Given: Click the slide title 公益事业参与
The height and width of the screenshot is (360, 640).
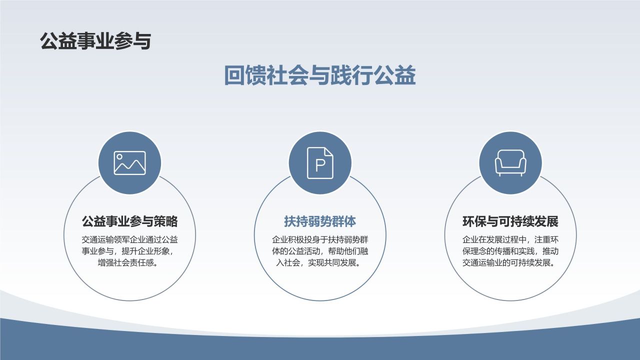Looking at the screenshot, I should [x=95, y=41].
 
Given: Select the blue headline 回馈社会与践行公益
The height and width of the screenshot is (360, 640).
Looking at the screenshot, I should [x=320, y=76].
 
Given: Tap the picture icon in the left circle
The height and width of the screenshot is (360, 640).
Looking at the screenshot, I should [x=129, y=163].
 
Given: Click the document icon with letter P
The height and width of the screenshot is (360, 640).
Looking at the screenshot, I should [x=320, y=163].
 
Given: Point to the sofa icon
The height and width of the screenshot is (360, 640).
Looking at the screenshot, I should [x=510, y=163].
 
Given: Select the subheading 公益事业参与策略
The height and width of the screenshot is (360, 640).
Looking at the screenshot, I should [x=129, y=221].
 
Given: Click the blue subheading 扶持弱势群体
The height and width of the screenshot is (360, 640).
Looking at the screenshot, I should [x=320, y=221].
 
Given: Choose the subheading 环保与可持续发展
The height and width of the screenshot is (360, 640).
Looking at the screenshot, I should [x=510, y=221].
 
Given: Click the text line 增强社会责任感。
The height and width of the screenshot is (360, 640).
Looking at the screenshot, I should [x=129, y=263].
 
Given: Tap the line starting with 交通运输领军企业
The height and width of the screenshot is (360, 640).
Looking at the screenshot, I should [x=129, y=239].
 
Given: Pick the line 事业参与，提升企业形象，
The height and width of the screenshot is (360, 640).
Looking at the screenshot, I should [x=129, y=251].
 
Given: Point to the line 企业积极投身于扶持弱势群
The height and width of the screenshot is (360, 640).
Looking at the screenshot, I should [x=320, y=239].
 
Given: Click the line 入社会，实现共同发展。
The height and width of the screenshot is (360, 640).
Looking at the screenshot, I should [x=320, y=263].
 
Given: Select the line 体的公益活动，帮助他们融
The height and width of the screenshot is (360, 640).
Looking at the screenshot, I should [x=320, y=251].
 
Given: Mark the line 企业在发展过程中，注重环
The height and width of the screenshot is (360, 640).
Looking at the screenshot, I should [x=510, y=239].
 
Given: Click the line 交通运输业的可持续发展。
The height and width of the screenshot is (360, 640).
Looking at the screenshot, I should [x=510, y=263].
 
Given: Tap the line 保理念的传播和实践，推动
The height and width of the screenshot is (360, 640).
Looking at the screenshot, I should [x=510, y=251].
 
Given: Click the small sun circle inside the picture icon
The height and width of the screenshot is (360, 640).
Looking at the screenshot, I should [x=120, y=157].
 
